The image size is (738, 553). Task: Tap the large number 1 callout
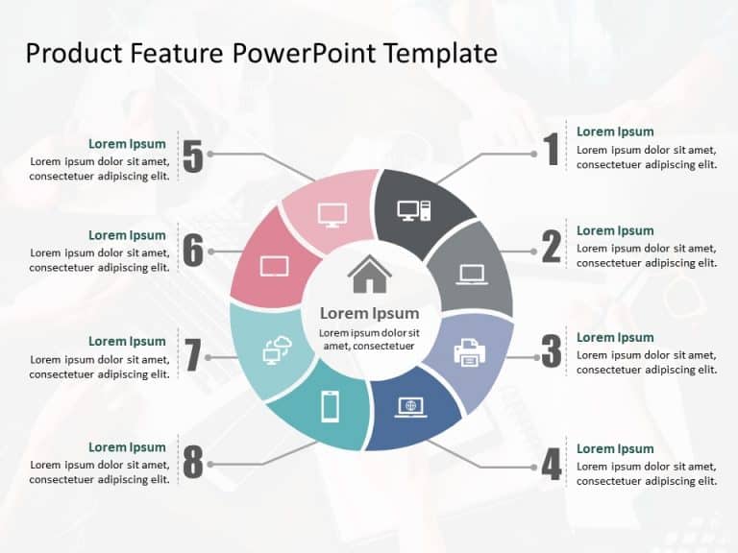[x=551, y=150]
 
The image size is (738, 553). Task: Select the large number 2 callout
[x=551, y=248]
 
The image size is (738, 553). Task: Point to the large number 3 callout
[x=551, y=351]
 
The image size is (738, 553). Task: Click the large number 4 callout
[x=551, y=465]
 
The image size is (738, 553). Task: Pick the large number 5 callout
[x=193, y=157]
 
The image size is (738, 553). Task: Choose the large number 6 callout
[x=193, y=252]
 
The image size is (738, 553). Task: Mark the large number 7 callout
[x=193, y=356]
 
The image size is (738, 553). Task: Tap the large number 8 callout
[x=193, y=463]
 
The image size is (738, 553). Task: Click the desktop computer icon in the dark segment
[x=414, y=210]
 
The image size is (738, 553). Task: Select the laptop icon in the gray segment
[x=472, y=275]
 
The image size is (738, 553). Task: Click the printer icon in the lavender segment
[x=470, y=352]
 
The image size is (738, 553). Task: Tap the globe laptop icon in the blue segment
[x=411, y=407]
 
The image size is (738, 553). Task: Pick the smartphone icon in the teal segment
[x=330, y=407]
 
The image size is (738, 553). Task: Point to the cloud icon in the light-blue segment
[x=276, y=350]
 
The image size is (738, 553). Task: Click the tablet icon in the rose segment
[x=274, y=266]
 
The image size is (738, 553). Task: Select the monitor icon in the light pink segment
[x=332, y=214]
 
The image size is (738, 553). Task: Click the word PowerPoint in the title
[x=307, y=53]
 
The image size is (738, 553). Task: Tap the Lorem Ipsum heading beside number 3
[x=615, y=338]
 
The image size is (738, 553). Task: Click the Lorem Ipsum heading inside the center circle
[x=369, y=313]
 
